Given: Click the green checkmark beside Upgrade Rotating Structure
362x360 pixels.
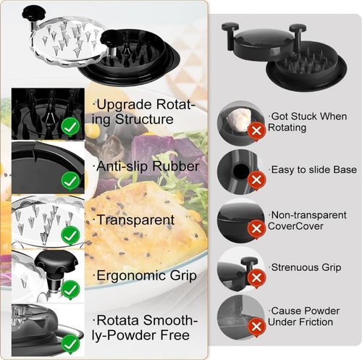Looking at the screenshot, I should [70, 127].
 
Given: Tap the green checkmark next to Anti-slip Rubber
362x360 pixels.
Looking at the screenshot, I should [70, 179].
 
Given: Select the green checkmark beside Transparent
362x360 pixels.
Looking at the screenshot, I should [70, 235].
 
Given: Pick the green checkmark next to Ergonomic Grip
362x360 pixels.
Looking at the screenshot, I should [70, 290].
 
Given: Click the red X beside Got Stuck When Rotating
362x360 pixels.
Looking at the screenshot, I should [256, 130].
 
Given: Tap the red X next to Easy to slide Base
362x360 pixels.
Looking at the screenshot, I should [256, 178].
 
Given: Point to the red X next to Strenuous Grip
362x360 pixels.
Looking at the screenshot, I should [256, 276].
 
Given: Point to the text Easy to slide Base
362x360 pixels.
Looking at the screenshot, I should [313, 169].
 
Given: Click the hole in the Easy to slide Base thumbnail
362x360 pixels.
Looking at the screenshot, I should [240, 170].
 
